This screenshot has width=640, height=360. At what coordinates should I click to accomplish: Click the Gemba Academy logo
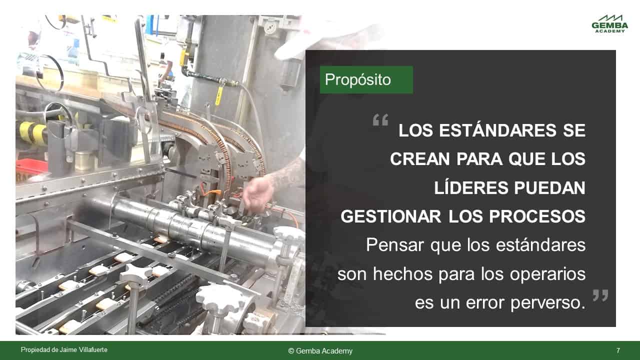(609, 23)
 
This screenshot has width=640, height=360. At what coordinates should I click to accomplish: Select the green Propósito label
(366, 79)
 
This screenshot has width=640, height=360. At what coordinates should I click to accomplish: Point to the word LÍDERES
(471, 187)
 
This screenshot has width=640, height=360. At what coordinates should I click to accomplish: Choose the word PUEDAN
(550, 187)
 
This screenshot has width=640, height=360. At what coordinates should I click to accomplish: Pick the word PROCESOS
(537, 216)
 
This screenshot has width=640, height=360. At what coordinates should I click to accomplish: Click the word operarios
(547, 275)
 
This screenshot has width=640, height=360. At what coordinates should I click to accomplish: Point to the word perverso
(548, 303)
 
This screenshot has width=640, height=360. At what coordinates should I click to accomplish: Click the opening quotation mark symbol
(380, 119)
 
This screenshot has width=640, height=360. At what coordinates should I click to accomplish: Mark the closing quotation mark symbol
(600, 295)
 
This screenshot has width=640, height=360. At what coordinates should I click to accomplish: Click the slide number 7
(618, 350)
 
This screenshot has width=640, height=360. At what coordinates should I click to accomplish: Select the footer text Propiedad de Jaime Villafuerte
(64, 349)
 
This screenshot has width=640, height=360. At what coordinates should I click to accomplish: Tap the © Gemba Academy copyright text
(320, 351)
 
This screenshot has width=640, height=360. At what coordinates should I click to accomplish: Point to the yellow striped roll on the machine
(32, 131)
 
